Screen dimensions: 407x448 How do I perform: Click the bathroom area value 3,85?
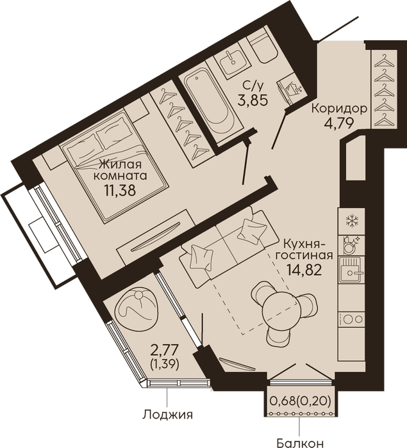pyautogui.click(x=253, y=100)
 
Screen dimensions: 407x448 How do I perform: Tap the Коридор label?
pyautogui.click(x=339, y=109)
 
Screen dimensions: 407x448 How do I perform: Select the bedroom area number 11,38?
pyautogui.click(x=120, y=190)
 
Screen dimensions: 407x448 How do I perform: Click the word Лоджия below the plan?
pyautogui.click(x=167, y=414)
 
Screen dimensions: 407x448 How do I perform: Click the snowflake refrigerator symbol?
pyautogui.click(x=351, y=221)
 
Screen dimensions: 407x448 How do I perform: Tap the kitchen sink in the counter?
pyautogui.click(x=351, y=269)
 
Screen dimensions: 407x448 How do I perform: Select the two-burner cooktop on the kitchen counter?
pyautogui.click(x=351, y=319)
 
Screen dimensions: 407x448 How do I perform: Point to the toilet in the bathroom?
pyautogui.click(x=262, y=47)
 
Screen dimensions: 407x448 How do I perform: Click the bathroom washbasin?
pyautogui.click(x=233, y=62)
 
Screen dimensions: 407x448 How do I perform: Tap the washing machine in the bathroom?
pyautogui.click(x=290, y=88)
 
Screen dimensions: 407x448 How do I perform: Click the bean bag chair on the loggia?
pyautogui.click(x=136, y=308)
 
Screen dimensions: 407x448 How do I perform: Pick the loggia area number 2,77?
pyautogui.click(x=165, y=350)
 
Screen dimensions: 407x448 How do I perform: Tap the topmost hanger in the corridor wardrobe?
pyautogui.click(x=383, y=61)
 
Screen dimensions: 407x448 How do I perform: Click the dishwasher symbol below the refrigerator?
pyautogui.click(x=350, y=245)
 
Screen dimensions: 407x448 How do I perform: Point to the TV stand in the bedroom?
pyautogui.click(x=156, y=237)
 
